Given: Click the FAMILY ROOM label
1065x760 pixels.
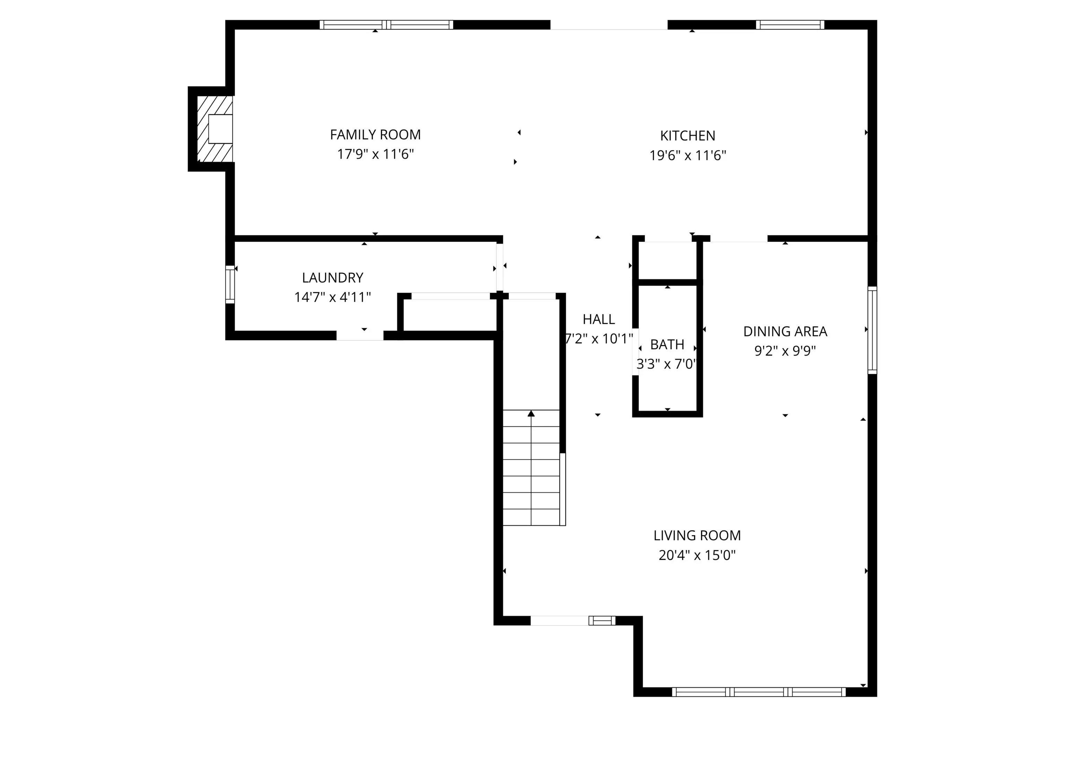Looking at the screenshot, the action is coord(375,135).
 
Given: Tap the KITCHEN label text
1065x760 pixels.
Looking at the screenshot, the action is coord(687,136).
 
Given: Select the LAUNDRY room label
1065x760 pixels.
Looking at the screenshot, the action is coord(332,278).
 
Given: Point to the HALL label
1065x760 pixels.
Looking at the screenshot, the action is coord(598,319).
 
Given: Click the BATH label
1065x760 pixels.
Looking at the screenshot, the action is coord(667,344).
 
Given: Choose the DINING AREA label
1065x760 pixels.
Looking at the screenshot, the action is coord(785,331).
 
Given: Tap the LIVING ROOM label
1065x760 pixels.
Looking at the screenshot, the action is coord(697,536).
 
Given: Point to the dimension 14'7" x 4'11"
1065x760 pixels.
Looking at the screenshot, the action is coord(332,297).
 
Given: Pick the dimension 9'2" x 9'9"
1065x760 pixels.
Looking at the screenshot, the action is coord(785,351).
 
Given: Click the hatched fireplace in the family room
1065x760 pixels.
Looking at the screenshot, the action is coord(215,129).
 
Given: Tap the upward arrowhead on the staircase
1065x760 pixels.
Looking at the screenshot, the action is coord(531,413).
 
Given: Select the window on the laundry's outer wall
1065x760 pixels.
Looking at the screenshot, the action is coord(230,284).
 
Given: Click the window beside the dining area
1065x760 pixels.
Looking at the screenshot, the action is coord(872,330).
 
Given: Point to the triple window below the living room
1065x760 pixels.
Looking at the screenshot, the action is coord(759,692).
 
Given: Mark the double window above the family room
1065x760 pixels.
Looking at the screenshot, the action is coord(387,25).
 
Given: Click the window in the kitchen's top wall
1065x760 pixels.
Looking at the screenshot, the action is coord(790,25).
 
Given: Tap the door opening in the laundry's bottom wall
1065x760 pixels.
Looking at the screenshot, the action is coord(360,336).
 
